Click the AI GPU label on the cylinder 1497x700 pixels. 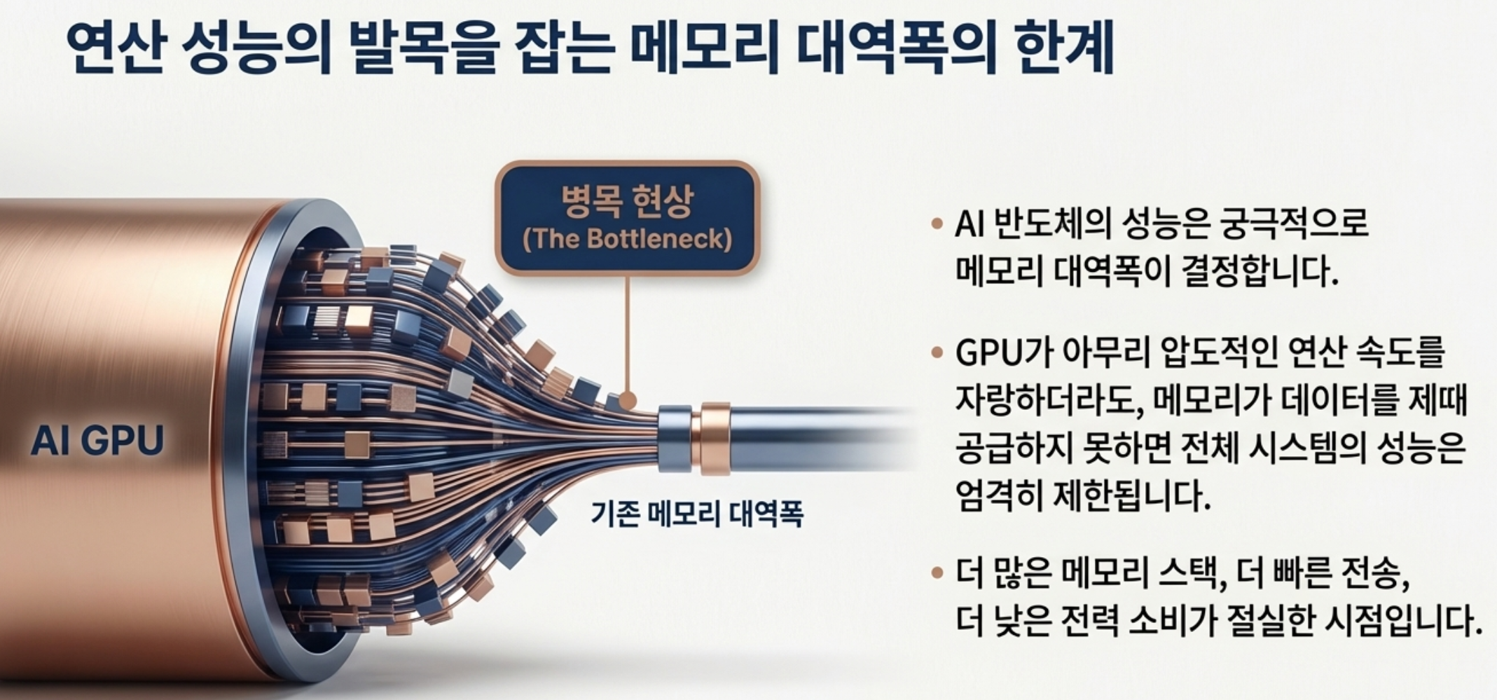(x=97, y=441)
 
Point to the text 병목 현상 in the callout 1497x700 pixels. (x=627, y=202)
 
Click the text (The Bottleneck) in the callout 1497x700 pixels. (x=628, y=240)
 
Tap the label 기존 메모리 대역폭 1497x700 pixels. (x=696, y=514)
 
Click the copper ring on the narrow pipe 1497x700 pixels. (x=715, y=438)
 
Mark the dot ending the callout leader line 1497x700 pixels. (x=628, y=401)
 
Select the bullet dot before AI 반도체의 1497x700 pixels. (x=937, y=225)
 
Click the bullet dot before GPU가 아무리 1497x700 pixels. (x=937, y=352)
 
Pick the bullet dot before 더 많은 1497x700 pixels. (x=937, y=574)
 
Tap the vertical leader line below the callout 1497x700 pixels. (x=627, y=329)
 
